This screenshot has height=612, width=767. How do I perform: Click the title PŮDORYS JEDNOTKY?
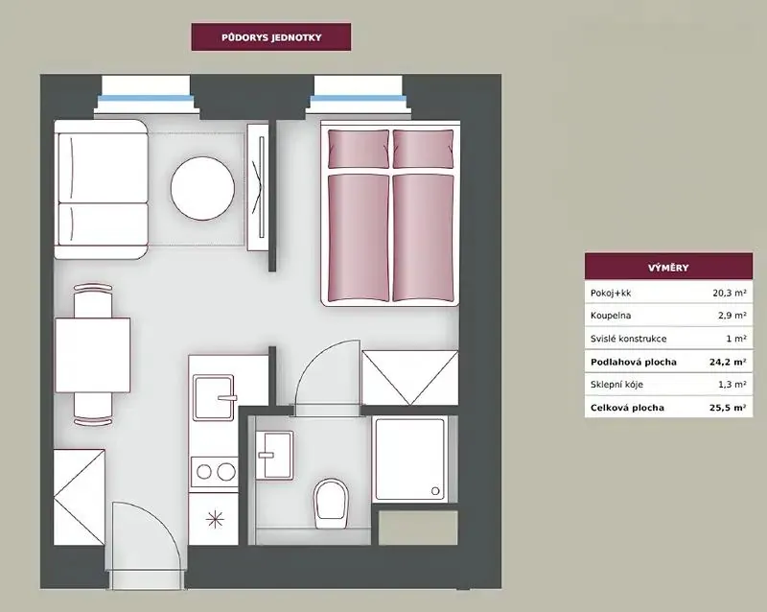pyautogui.click(x=271, y=37)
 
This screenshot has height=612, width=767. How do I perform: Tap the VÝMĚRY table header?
pyautogui.click(x=668, y=268)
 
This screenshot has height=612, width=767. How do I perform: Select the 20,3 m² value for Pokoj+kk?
pyautogui.click(x=730, y=293)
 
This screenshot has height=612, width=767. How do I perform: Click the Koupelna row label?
pyautogui.click(x=611, y=316)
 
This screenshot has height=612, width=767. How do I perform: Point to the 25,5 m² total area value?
pyautogui.click(x=728, y=408)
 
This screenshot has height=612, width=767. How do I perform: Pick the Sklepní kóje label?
pyautogui.click(x=616, y=385)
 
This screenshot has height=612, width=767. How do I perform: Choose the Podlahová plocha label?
pyautogui.click(x=634, y=363)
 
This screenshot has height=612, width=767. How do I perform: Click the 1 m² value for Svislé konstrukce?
pyautogui.click(x=736, y=339)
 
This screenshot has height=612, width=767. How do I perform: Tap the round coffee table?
pyautogui.click(x=202, y=188)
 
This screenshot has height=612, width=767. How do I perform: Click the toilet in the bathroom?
pyautogui.click(x=331, y=504)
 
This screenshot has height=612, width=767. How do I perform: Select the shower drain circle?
pyautogui.click(x=435, y=490)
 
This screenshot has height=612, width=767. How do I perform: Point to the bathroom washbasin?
pyautogui.click(x=275, y=456)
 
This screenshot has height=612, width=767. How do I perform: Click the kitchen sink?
pyautogui.click(x=213, y=398)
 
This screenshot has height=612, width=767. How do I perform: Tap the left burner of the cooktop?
pyautogui.click(x=204, y=472)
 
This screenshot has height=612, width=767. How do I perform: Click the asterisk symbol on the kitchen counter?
pyautogui.click(x=215, y=520)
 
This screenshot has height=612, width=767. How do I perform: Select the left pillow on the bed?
pyautogui.click(x=359, y=149)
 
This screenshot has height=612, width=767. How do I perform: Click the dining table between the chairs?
pyautogui.click(x=92, y=355)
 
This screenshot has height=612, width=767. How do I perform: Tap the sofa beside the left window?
pyautogui.click(x=101, y=189)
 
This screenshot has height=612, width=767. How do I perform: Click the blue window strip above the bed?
pyautogui.click(x=358, y=99)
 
